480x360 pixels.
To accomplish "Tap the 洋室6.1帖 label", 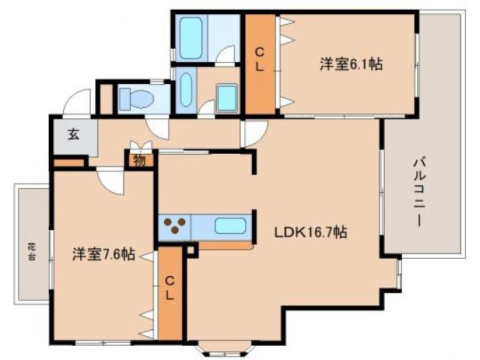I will [351, 65].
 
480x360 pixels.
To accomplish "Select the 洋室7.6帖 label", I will [103, 254].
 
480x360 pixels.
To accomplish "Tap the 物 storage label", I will [139, 159].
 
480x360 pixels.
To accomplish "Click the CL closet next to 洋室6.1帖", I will [259, 59].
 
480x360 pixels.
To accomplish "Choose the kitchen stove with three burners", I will [175, 226].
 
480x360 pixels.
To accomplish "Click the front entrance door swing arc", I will [78, 102].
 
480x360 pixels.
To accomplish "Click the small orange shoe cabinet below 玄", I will [68, 163].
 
